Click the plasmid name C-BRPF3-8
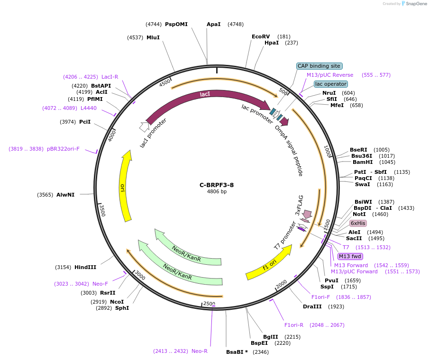[217, 185]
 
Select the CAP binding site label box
[319, 66]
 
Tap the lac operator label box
[331, 84]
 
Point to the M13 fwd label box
[350, 256]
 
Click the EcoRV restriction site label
[261, 36]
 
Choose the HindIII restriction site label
[85, 267]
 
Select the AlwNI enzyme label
[65, 195]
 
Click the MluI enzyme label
[153, 37]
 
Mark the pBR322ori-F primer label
[63, 149]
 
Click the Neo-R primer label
[200, 351]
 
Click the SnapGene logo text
[414, 4]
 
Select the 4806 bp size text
[217, 192]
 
